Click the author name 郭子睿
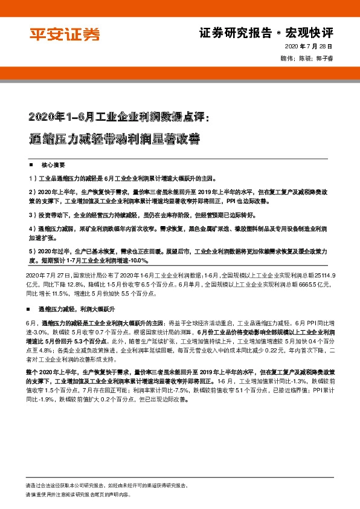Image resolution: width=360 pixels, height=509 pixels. [x=323, y=59]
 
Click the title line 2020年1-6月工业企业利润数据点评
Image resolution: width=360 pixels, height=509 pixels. [x=118, y=116]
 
